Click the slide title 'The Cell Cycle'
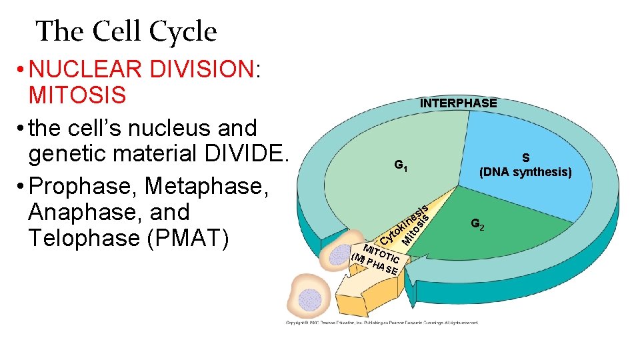coord(126,31)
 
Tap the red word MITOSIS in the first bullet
coord(77,95)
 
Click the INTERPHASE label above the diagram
coord(458,103)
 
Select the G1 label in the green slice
coord(401,165)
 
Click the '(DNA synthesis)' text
coord(525,172)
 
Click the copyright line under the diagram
coord(382,323)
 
